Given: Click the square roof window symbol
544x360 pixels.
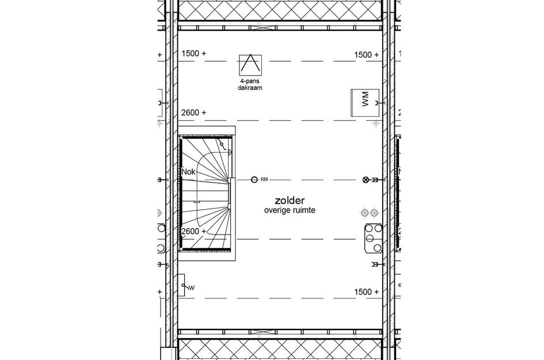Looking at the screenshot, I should tap(250, 65).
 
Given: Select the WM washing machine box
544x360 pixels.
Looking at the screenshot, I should tap(364, 103).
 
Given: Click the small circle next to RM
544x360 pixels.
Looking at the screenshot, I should tap(254, 180).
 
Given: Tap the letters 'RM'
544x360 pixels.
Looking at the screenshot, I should tap(264, 180).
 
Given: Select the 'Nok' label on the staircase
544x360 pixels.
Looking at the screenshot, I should tap(188, 172).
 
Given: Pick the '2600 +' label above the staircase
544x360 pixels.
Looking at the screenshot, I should tap(193, 112).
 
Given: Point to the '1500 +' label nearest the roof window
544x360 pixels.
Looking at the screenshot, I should tap(193, 54).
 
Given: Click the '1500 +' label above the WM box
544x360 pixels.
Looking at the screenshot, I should tap(366, 55).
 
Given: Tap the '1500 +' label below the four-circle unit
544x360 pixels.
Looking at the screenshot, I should tap(366, 292).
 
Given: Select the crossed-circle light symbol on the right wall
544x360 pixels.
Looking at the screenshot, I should tap(365, 180).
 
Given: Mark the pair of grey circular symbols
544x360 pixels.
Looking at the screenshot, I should tap(369, 213).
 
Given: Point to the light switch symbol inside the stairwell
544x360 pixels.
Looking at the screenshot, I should tap(221, 145).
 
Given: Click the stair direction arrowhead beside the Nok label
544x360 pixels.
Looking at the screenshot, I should tap(197, 202).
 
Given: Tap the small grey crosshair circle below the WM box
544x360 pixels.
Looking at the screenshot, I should tap(375, 123).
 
